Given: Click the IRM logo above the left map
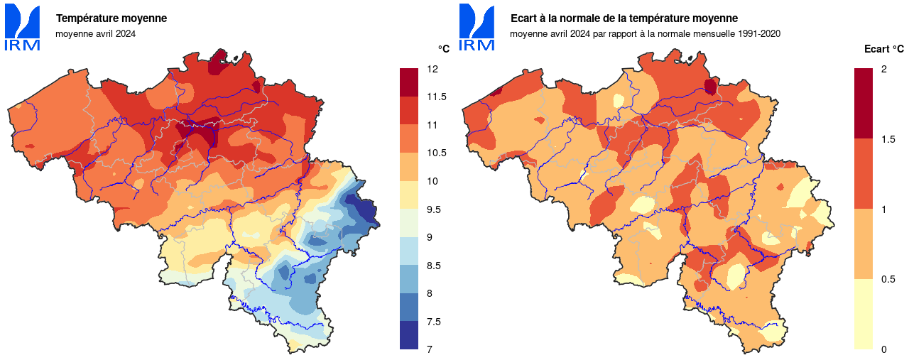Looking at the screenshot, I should (x=23, y=28).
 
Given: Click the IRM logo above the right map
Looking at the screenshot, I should (x=477, y=28).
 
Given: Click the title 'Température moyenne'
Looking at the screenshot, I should (x=111, y=18).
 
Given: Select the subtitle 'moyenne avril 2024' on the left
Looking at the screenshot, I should (x=95, y=33).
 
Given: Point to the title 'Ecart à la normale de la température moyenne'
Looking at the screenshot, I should (x=624, y=18).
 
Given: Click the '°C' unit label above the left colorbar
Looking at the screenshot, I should (x=443, y=49).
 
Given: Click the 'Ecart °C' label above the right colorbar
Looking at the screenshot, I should (x=883, y=49).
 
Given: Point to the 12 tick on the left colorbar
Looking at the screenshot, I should (x=432, y=69).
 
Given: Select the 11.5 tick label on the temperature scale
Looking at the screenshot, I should (x=437, y=97).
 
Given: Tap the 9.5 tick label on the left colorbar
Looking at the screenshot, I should (x=435, y=209).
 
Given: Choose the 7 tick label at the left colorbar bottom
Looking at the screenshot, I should (x=430, y=349).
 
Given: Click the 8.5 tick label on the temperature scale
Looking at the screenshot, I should (x=435, y=265).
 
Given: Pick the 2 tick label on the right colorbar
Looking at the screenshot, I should (x=883, y=69).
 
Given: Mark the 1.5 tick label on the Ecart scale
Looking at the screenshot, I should (x=888, y=138).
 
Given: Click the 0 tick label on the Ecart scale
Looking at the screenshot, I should (x=883, y=349).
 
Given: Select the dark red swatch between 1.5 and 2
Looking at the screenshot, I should (x=864, y=104).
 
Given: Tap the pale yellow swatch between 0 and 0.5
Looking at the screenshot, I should (x=864, y=314).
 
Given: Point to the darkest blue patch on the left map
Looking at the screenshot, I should (x=364, y=210).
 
